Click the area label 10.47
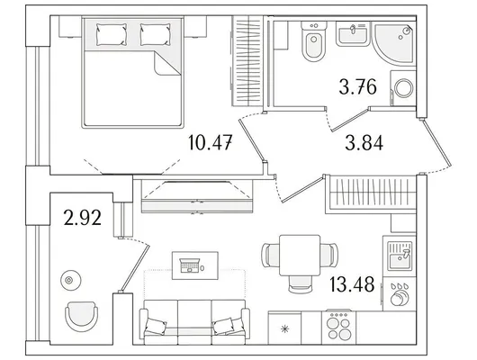pos(211,142)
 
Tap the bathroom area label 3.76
pos(358,86)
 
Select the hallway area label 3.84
pos(364,143)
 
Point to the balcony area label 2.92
pos(83,218)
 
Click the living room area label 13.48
pos(352,284)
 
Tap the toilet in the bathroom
pos(313,41)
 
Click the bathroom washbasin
pos(353,34)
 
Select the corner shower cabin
pos(393,43)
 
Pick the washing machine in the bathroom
pos(403,88)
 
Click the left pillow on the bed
pos(112,35)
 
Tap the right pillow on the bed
pos(155,35)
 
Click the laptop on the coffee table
pos(190,265)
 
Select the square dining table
pos(300,256)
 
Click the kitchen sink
pos(400,256)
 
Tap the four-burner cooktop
pos(338,327)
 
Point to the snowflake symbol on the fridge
pos(284,329)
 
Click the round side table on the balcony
pos(71,280)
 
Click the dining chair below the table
pos(300,283)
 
